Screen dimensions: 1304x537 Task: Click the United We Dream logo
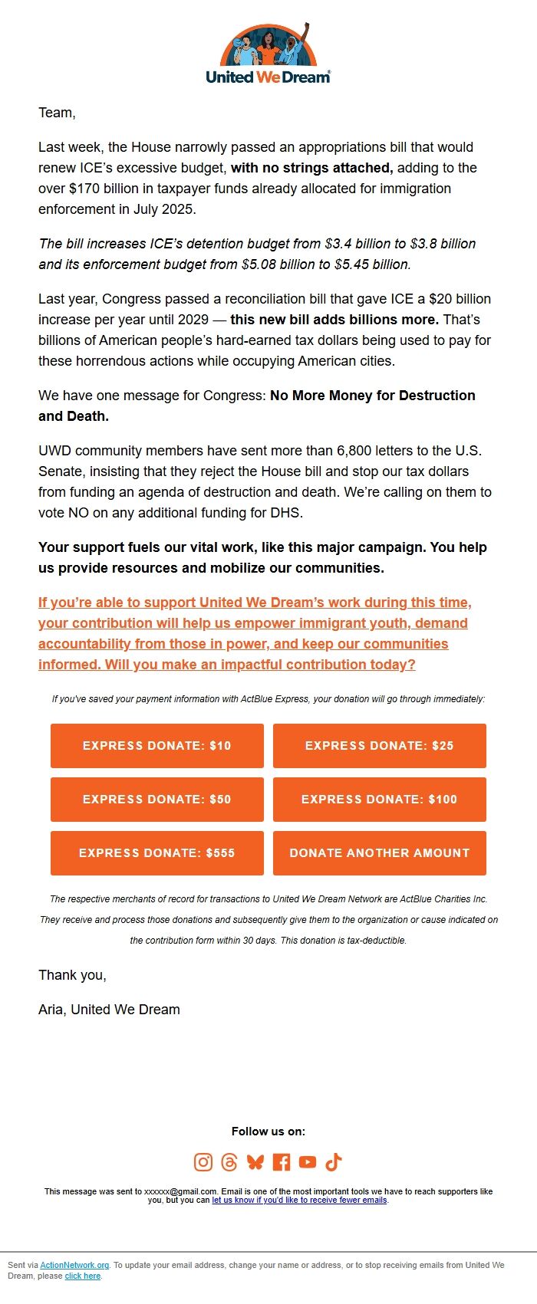coord(268,54)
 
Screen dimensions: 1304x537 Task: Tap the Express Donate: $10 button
coord(157,746)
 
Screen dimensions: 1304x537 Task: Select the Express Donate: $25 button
coord(379,746)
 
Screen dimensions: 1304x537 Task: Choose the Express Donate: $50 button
coord(157,800)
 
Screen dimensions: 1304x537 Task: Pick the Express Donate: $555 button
coord(157,853)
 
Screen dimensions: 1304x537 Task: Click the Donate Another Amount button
coord(379,853)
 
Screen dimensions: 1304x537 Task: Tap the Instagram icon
coord(203,1162)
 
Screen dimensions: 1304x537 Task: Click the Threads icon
coord(229,1162)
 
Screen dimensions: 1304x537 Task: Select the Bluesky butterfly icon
coord(255,1162)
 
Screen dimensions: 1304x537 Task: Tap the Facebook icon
coord(282,1162)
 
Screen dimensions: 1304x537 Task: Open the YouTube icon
coord(308,1162)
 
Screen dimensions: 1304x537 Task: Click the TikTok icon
coord(334,1162)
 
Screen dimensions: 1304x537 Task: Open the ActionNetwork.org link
coord(74,1265)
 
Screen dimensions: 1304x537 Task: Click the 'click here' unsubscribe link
coord(83,1276)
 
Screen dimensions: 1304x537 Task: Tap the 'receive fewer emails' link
coord(299,1200)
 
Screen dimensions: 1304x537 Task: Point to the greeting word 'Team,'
coord(57,113)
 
